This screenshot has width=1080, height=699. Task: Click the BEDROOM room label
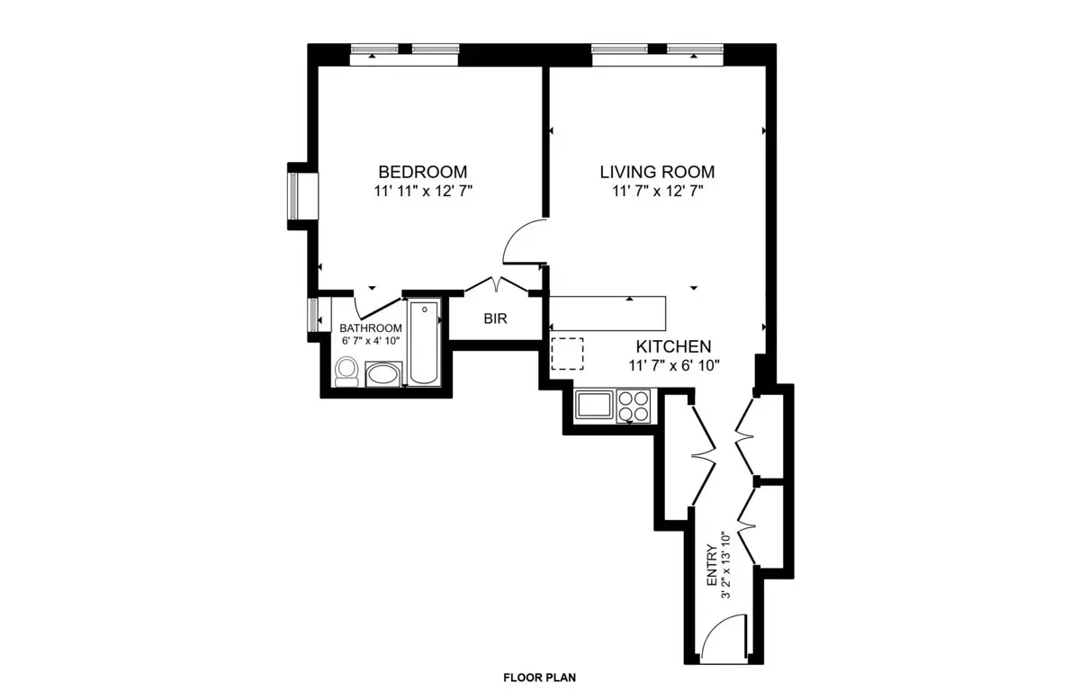pyautogui.click(x=422, y=172)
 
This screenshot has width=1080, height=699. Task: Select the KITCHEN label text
pyautogui.click(x=674, y=346)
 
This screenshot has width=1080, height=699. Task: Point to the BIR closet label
pyautogui.click(x=495, y=318)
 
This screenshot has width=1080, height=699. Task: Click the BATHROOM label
pyautogui.click(x=370, y=328)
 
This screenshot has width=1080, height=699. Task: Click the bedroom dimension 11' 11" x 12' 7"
pyautogui.click(x=422, y=191)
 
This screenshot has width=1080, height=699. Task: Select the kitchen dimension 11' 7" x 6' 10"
pyautogui.click(x=674, y=364)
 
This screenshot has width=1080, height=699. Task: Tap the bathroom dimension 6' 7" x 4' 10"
pyautogui.click(x=370, y=341)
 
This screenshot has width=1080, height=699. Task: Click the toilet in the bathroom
pyautogui.click(x=346, y=372)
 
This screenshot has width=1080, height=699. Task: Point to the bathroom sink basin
pyautogui.click(x=384, y=374)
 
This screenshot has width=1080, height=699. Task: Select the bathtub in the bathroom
pyautogui.click(x=424, y=343)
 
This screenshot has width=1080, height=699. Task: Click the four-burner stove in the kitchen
pyautogui.click(x=634, y=405)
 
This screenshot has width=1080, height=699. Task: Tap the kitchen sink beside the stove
pyautogui.click(x=594, y=405)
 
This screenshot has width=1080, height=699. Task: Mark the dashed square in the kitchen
pyautogui.click(x=567, y=354)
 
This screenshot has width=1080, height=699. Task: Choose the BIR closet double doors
pyautogui.click(x=496, y=285)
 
